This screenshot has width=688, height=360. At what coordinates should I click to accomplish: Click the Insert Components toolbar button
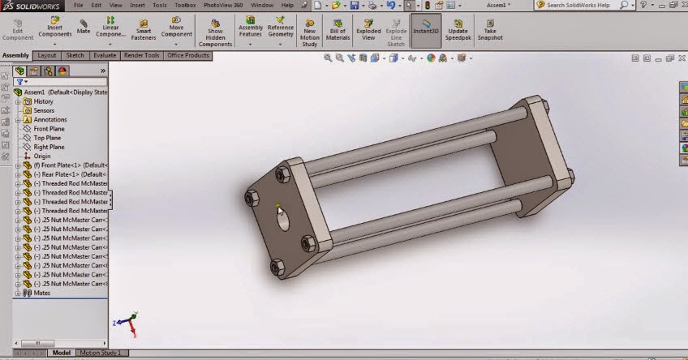[x=55, y=29]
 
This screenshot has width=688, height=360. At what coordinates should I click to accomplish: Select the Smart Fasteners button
[x=144, y=29]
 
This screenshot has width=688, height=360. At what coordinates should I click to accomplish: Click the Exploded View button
[x=368, y=29]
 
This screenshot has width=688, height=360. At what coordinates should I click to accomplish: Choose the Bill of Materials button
[x=338, y=29]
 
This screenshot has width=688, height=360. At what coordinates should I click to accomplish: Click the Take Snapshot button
[x=490, y=29]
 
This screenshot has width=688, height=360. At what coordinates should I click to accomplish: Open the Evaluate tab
[x=105, y=56]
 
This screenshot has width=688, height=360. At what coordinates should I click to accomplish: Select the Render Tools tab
[x=140, y=56]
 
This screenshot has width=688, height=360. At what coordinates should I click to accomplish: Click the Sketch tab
[x=75, y=56]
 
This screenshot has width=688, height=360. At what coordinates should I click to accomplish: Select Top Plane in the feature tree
[x=47, y=138]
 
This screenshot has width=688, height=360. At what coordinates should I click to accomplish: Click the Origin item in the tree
[x=42, y=156]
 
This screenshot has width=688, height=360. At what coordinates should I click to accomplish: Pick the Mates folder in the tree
[x=41, y=293]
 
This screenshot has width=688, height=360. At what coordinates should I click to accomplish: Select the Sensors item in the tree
[x=44, y=110]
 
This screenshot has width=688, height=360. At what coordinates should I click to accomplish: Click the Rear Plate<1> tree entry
[x=70, y=174]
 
